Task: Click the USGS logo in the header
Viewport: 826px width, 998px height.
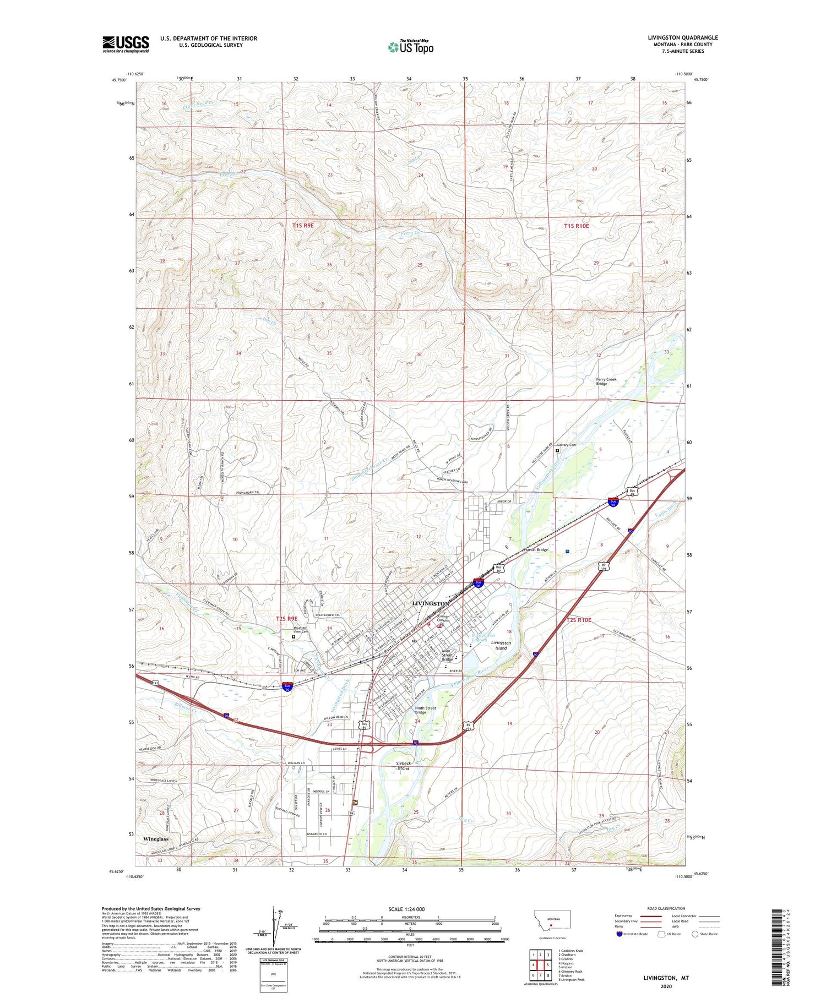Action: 126,44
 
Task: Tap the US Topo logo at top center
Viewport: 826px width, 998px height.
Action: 411,47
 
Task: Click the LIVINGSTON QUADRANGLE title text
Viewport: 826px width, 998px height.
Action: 683,38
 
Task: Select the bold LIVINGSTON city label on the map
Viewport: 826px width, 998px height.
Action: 431,604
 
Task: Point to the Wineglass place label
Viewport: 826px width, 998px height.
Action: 156,839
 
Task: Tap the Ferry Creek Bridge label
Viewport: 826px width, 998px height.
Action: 606,381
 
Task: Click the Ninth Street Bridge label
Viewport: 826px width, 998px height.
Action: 425,710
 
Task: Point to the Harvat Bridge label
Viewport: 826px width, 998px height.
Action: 535,550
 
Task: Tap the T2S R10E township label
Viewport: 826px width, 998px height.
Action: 579,620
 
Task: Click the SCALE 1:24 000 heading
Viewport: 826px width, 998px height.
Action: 410,909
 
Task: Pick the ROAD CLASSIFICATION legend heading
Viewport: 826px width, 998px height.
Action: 666,908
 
